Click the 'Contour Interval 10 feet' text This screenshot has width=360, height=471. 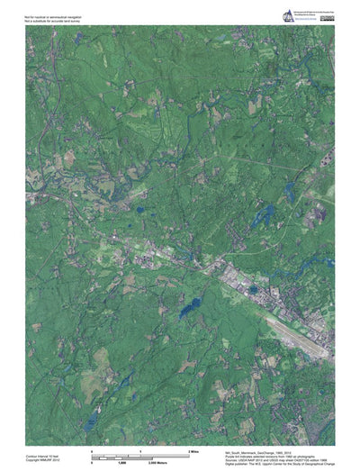[x=45, y=453]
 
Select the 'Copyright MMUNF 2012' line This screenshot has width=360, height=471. [x=43, y=457]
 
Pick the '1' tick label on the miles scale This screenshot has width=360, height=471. [x=142, y=448]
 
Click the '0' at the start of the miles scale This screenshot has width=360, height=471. [x=93, y=448]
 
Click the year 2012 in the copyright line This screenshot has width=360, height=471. [x=57, y=457]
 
